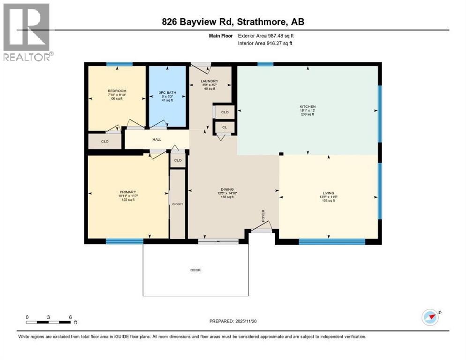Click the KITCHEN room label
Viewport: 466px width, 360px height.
click(x=308, y=107)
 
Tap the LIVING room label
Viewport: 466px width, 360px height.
click(x=328, y=193)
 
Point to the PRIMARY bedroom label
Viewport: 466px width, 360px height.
click(x=128, y=192)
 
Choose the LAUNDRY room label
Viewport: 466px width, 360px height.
click(x=210, y=81)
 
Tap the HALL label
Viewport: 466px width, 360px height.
click(x=157, y=139)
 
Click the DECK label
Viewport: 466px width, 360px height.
click(x=195, y=270)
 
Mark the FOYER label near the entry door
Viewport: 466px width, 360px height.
click(x=263, y=215)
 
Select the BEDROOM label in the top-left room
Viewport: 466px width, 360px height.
click(x=117, y=91)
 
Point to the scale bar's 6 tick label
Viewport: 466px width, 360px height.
click(x=70, y=317)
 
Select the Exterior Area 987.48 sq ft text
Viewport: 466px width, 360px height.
click(x=266, y=36)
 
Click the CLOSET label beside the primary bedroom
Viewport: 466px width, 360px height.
click(x=177, y=204)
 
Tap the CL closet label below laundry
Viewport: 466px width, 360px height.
click(x=225, y=127)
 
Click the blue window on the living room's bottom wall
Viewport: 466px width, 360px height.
click(x=332, y=242)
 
